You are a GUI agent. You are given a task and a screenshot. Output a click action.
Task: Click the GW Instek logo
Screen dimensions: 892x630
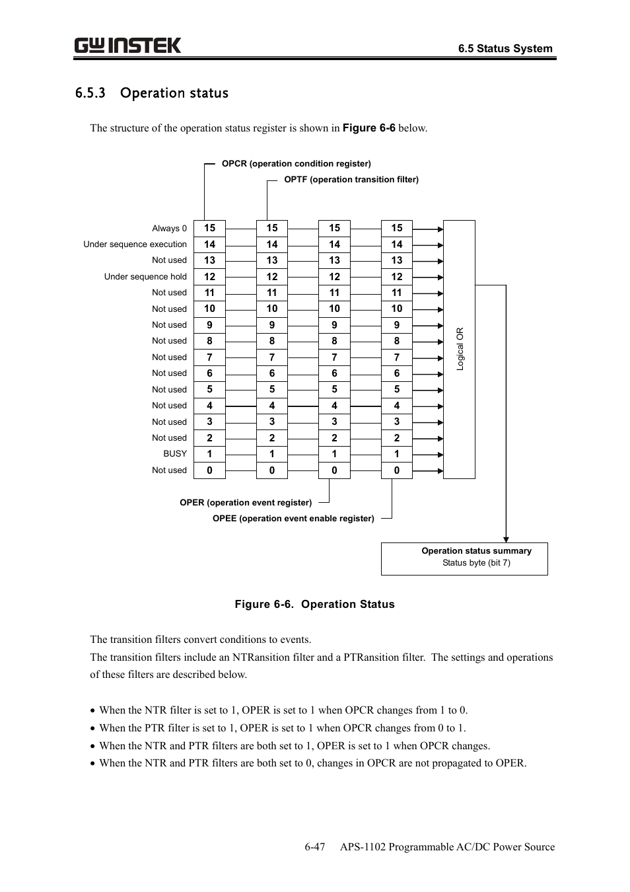tap(127, 46)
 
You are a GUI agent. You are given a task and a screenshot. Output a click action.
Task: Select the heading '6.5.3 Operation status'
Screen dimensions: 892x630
tap(152, 93)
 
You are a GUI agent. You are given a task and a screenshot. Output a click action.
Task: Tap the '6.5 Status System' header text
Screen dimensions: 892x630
tap(505, 48)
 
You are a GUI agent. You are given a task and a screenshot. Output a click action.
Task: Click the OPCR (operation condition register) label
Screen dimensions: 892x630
tap(296, 164)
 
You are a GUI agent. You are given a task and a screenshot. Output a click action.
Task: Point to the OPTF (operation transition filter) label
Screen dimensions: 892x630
tap(351, 180)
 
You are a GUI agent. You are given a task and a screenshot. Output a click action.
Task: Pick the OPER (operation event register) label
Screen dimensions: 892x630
tap(246, 503)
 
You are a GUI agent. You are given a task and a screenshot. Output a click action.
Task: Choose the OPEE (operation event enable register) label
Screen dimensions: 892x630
tap(293, 519)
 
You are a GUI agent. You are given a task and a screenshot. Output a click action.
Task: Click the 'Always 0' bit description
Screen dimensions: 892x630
tap(169, 229)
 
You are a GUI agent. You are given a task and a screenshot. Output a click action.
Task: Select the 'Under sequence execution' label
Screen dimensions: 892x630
tap(135, 244)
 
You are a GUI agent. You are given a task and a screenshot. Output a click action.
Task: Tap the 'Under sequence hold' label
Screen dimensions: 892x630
tap(145, 277)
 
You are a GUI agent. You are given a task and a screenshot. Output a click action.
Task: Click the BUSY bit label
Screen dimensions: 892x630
tap(175, 454)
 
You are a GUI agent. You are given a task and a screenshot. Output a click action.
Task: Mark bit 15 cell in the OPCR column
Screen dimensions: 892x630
tap(209, 228)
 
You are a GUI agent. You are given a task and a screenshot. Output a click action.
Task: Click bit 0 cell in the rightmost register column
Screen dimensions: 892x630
tap(397, 470)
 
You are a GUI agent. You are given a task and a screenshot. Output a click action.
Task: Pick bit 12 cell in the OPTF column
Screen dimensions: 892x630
tap(272, 277)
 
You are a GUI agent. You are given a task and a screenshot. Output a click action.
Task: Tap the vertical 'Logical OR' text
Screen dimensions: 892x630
tap(460, 349)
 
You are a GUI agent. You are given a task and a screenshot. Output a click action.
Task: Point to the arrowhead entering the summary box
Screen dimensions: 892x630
tap(506, 538)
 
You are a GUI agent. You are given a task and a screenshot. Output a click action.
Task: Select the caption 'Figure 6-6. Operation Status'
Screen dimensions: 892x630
tap(314, 604)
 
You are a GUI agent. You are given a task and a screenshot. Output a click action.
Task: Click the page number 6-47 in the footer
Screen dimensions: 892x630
tap(315, 847)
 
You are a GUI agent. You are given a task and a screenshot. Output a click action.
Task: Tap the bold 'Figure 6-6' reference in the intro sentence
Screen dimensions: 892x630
tap(368, 128)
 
